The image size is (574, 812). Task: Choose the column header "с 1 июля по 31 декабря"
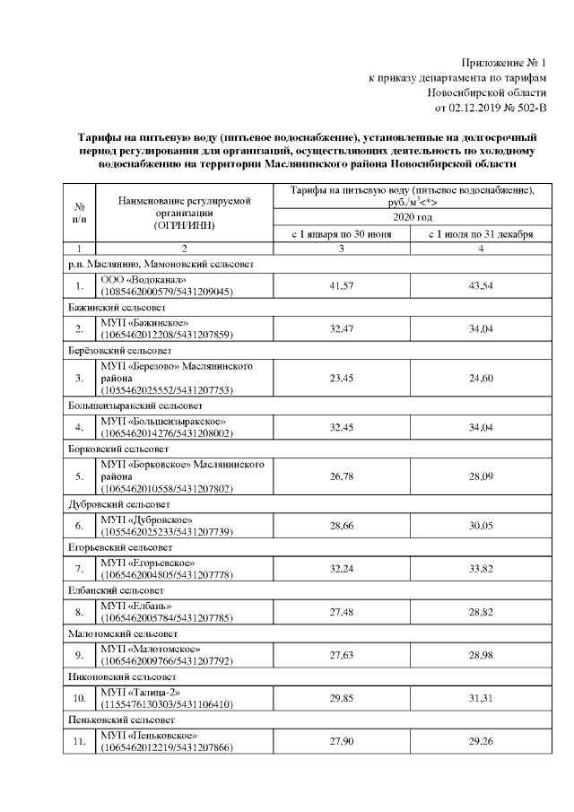(480, 234)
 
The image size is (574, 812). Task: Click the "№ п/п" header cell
(80, 213)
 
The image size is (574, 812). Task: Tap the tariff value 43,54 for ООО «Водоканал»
(481, 285)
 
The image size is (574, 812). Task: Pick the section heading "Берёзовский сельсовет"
(120, 349)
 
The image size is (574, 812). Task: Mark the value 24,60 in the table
(481, 379)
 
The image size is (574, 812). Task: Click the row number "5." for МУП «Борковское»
(80, 476)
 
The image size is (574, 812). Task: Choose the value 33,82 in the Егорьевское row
(481, 567)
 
